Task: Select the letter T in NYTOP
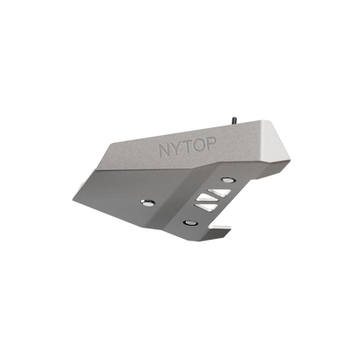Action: coord(184,150)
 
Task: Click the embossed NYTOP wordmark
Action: coord(184,150)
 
